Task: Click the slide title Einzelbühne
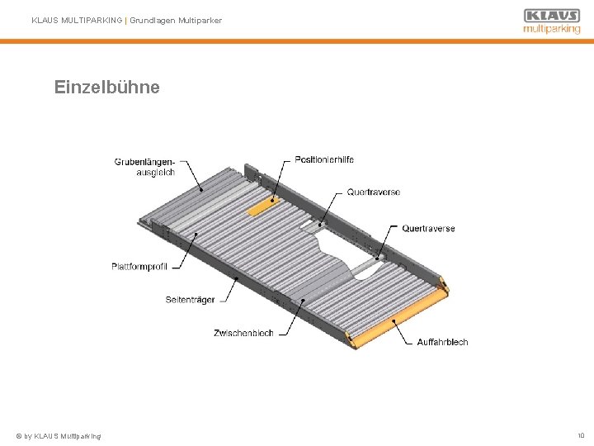[x=106, y=87]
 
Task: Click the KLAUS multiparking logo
[x=551, y=21]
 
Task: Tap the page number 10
[x=581, y=434]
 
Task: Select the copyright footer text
[x=59, y=435]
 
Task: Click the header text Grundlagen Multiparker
[x=175, y=21]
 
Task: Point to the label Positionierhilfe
[x=324, y=159]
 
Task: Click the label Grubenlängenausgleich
[x=145, y=167]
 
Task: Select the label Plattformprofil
[x=139, y=266]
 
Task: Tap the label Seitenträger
[x=190, y=299]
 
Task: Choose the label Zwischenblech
[x=243, y=333]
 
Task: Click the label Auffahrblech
[x=442, y=342]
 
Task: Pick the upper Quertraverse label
[x=374, y=192]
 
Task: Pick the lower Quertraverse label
[x=428, y=229]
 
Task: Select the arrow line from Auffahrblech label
[x=405, y=332]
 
